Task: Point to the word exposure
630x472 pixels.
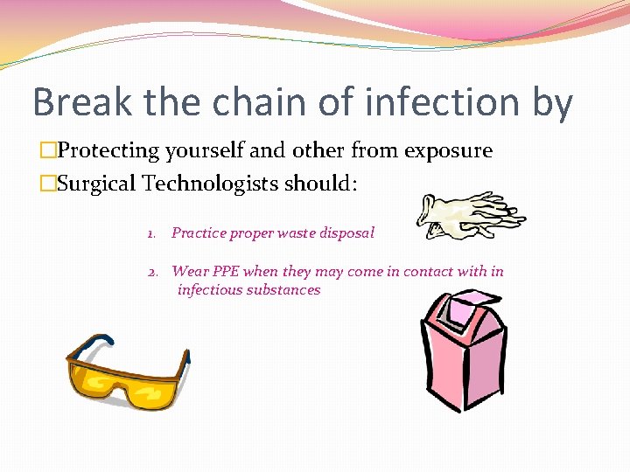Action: click(x=447, y=151)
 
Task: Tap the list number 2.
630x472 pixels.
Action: click(x=151, y=272)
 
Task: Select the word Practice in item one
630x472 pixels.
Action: click(x=198, y=233)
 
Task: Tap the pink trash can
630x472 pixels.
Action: click(x=462, y=354)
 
